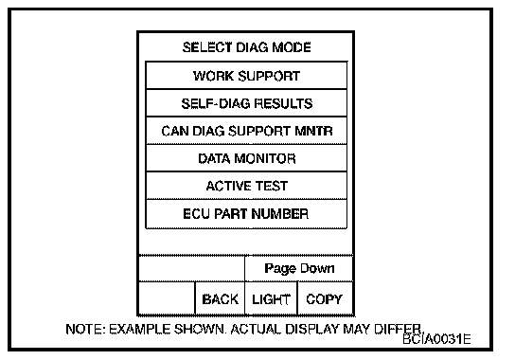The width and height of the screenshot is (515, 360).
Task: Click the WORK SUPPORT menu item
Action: click(246, 75)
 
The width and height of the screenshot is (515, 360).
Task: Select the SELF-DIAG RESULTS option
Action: click(246, 103)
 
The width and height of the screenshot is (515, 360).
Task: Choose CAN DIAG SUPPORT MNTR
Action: click(246, 131)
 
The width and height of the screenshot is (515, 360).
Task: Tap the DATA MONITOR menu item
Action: click(246, 158)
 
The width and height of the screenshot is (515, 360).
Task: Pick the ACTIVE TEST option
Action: click(246, 186)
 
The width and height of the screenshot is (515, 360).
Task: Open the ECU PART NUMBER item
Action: click(246, 214)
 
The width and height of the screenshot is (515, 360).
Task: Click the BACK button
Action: click(220, 298)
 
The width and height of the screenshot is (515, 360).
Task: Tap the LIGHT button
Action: click(272, 298)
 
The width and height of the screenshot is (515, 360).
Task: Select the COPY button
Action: click(325, 298)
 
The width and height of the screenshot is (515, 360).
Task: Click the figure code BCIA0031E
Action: click(436, 339)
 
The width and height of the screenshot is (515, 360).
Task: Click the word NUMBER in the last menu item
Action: click(280, 214)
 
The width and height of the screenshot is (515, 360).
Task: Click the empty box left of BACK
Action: click(167, 298)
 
